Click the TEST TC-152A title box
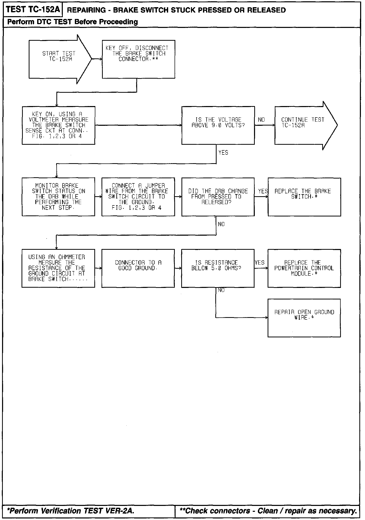33,10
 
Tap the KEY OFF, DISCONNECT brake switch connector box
138,59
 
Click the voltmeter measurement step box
58,125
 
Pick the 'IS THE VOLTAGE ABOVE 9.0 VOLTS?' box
218,125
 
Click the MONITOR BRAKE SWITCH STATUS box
58,197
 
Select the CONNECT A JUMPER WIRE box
138,197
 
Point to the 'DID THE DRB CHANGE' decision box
218,197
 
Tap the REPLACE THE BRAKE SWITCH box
304,197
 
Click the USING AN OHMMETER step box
58,268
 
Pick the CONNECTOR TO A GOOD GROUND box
138,268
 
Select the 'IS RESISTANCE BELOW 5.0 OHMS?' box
218,268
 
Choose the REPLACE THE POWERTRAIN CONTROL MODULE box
304,268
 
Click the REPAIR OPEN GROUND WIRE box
304,318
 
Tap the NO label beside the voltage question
261,120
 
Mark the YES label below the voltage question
223,153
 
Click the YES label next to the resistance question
260,263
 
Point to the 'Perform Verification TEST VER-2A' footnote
70,511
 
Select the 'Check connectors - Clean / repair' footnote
268,511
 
